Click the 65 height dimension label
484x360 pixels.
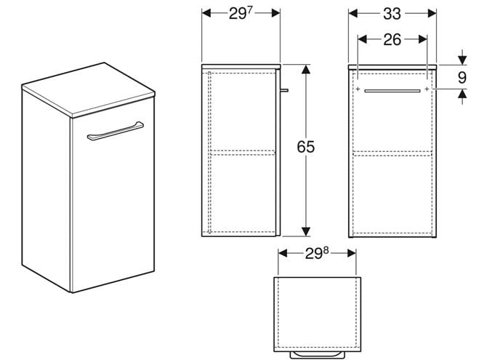(x=305, y=147)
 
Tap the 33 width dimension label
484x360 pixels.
(x=392, y=14)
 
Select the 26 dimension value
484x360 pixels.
(x=392, y=39)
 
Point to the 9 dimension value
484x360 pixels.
(x=461, y=78)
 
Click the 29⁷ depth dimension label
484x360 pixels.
(x=241, y=13)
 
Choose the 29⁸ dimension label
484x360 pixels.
(x=317, y=253)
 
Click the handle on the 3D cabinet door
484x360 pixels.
(x=115, y=131)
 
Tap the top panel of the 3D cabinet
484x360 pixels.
(x=88, y=89)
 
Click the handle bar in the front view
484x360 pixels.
(x=392, y=91)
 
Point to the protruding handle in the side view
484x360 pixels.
(x=284, y=90)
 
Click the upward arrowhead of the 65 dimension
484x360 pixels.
(x=305, y=70)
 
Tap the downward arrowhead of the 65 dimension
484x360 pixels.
(x=305, y=231)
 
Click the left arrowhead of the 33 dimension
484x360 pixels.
(x=353, y=13)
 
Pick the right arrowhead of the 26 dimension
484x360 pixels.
(x=422, y=39)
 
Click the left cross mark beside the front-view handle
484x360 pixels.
(x=358, y=89)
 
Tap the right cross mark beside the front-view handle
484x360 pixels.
(x=427, y=89)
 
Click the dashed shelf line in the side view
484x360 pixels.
(x=243, y=152)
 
